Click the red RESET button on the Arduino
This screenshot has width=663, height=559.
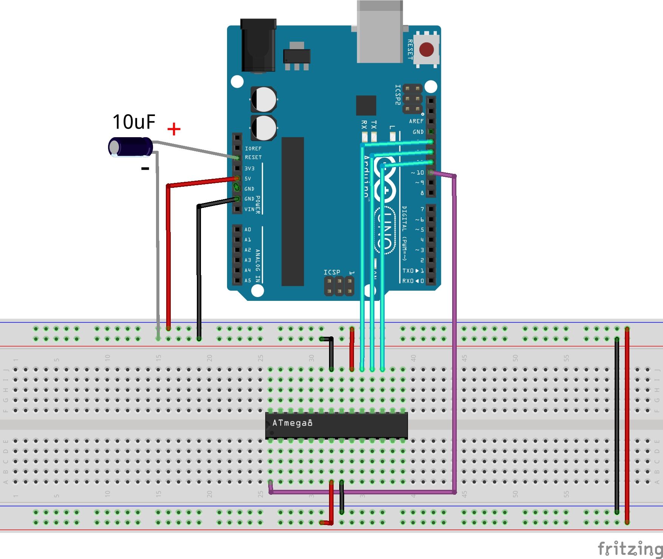click(x=427, y=50)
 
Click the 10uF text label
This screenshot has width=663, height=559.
click(x=134, y=122)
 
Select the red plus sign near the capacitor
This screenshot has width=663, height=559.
click(x=174, y=129)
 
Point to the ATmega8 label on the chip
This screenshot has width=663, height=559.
click(x=292, y=423)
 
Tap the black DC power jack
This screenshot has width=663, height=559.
click(x=258, y=45)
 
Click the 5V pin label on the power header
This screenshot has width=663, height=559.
click(x=248, y=178)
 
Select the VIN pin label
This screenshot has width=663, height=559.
click(x=249, y=209)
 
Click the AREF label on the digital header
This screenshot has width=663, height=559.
click(x=416, y=121)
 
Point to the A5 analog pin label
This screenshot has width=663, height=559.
click(x=248, y=280)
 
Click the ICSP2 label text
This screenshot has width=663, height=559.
click(x=397, y=94)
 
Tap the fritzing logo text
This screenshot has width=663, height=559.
click(x=629, y=548)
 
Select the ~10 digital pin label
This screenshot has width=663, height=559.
click(x=417, y=173)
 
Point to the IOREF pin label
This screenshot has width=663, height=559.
click(x=253, y=149)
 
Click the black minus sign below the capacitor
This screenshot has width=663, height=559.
click(x=145, y=169)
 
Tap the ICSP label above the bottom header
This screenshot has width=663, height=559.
click(x=332, y=272)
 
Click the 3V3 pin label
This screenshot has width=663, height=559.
click(x=249, y=169)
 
